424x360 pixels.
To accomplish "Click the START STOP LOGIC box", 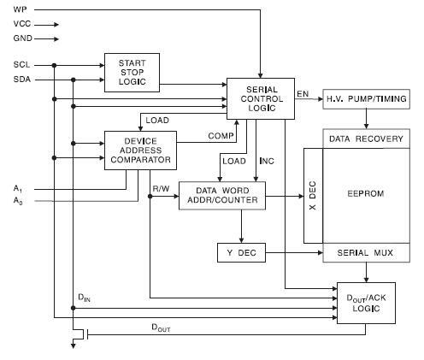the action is click(x=132, y=73).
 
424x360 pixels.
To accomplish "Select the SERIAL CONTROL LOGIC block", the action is click(x=261, y=98).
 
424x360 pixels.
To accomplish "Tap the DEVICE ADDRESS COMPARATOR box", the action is click(x=140, y=150).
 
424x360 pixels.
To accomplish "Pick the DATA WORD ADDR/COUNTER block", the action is click(x=222, y=196).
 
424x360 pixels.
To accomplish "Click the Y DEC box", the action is click(x=241, y=252).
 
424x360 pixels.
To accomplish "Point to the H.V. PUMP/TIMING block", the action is click(x=366, y=99).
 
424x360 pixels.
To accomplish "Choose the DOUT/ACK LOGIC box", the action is click(x=366, y=303).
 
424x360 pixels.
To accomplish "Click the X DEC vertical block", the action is click(x=313, y=196).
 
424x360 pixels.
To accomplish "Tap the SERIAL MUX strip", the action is click(x=366, y=252).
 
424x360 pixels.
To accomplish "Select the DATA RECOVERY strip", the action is click(x=366, y=139).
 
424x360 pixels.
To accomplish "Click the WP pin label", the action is click(x=20, y=9).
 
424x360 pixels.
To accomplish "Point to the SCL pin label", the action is click(x=21, y=65).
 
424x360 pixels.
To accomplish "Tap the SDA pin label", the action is click(x=22, y=79).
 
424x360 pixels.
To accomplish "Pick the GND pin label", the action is click(x=22, y=38).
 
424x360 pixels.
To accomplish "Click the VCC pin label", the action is click(x=22, y=24).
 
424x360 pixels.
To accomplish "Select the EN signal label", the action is click(x=303, y=93).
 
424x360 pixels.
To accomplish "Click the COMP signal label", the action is click(x=221, y=136).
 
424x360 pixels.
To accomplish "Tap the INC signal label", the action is click(x=267, y=161).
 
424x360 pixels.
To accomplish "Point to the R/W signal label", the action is click(x=161, y=188).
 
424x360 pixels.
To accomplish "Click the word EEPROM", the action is click(x=366, y=194).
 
